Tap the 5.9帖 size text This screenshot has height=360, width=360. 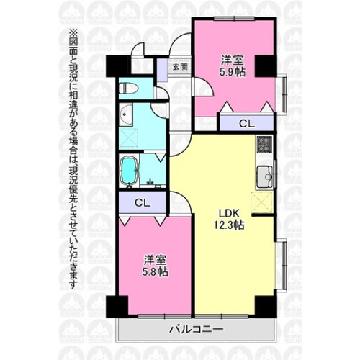233,72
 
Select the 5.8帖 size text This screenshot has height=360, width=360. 156,272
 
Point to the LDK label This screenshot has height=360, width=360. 229,213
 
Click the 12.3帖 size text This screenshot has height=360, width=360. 229,225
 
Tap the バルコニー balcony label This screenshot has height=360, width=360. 197,329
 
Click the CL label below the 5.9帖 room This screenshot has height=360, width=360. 246,124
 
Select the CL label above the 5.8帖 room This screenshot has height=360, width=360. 143,203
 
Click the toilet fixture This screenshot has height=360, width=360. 129,89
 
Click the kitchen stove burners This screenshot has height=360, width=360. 265,144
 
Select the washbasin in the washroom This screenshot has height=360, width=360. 126,115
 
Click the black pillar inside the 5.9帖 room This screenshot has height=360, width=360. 265,66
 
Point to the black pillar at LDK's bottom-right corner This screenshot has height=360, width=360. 266,307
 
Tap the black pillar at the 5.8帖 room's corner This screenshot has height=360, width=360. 117,307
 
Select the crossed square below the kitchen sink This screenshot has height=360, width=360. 262,202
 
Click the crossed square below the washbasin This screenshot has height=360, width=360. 129,138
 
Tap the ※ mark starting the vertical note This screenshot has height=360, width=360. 73,33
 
